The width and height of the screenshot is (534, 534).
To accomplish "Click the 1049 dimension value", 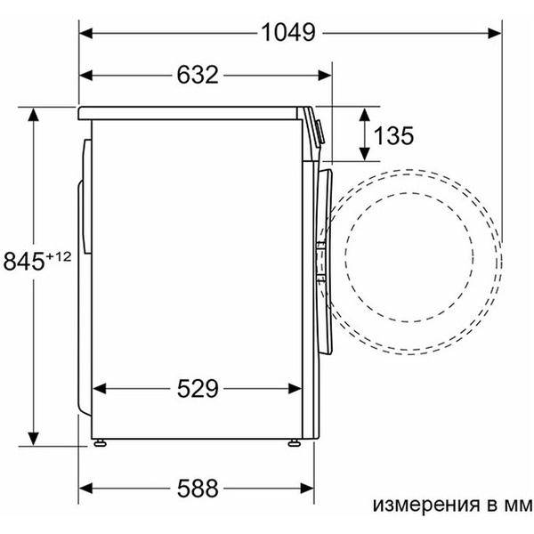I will [x=288, y=33].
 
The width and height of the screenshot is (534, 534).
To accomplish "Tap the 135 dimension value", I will [x=393, y=135].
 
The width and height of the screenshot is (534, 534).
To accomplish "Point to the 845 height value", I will [x=25, y=262].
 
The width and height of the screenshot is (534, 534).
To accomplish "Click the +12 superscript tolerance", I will [x=58, y=256].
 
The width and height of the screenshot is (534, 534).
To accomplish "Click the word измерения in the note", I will [x=415, y=505].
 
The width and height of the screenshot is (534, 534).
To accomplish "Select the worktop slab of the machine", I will [x=191, y=113].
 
